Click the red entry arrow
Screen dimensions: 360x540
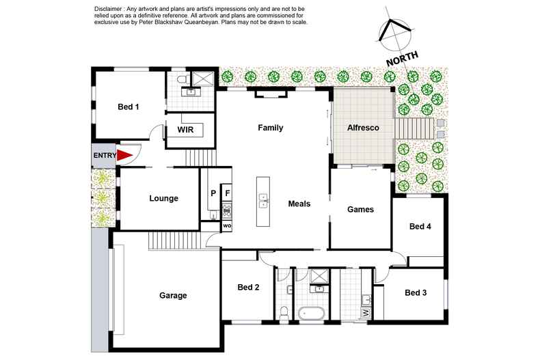(124, 156)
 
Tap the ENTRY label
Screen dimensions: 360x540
(105, 156)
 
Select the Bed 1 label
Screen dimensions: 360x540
(129, 107)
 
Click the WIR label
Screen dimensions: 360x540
(187, 128)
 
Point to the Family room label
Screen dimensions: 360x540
(270, 128)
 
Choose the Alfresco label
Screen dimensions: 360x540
(362, 128)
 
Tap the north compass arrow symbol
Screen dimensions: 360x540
(394, 31)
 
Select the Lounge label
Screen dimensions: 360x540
(163, 199)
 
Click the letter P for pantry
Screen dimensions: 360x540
(213, 193)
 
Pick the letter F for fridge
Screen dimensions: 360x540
(228, 193)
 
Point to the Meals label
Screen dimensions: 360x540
(299, 204)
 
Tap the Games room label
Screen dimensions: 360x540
(360, 209)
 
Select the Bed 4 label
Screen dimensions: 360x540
(420, 226)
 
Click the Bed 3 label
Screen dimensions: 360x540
(416, 293)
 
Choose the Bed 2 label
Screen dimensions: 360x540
(247, 288)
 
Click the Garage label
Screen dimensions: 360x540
(173, 296)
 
